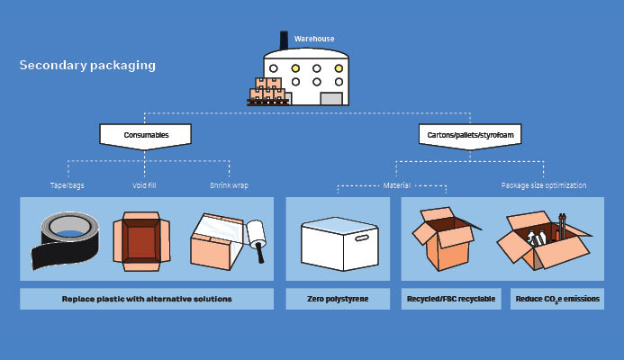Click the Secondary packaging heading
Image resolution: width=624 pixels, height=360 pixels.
87,66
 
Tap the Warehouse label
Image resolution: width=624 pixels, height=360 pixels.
314,39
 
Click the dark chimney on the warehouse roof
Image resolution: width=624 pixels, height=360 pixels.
285,40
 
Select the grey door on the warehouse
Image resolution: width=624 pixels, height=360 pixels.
331,97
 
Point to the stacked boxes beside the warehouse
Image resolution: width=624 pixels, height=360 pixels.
267,92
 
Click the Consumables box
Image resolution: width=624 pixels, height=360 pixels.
146,135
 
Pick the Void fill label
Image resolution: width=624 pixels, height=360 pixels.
146,185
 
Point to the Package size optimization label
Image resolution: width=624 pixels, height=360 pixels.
543,185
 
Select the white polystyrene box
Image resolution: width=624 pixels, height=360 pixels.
338,241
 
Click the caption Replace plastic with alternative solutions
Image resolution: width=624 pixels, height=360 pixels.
147,299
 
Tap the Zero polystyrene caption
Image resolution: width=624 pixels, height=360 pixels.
338,299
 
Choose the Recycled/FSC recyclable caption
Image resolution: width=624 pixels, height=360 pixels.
450,299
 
